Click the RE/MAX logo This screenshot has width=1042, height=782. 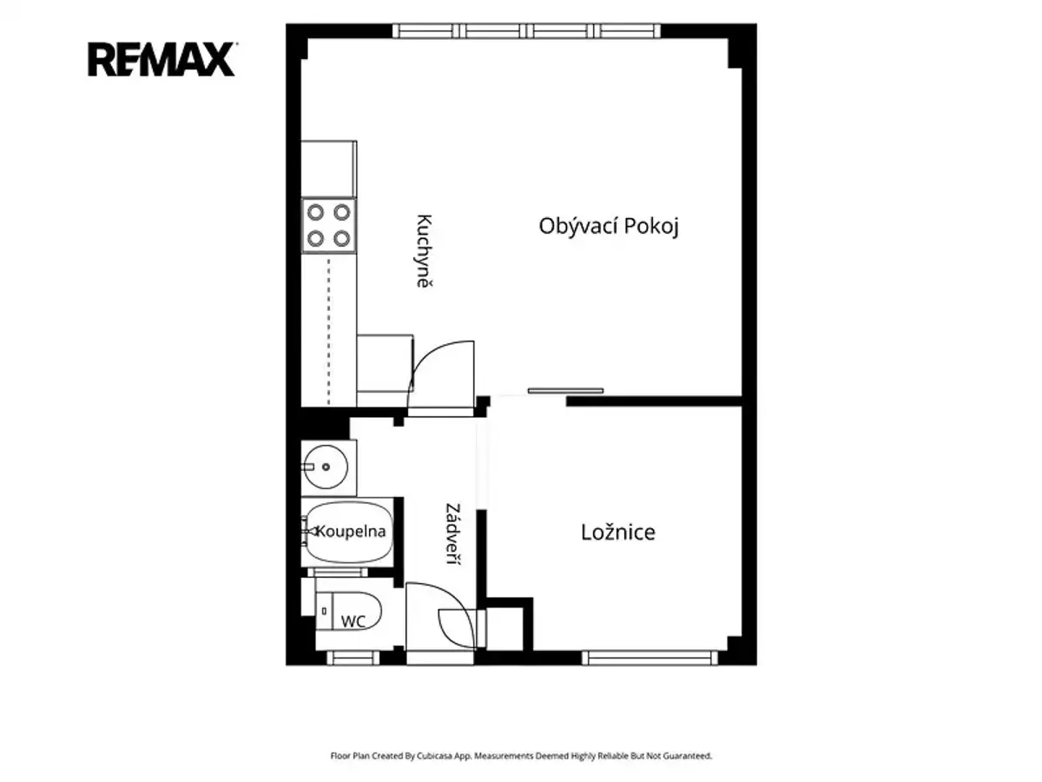click(162, 59)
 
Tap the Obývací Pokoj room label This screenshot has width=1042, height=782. click(608, 226)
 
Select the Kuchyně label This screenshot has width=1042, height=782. click(424, 251)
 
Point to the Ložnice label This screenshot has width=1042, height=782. click(617, 533)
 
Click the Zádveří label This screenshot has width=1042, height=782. click(453, 533)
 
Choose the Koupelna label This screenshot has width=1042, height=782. click(350, 531)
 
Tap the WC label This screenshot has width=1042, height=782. click(353, 621)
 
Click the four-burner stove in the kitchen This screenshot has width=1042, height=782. click(329, 226)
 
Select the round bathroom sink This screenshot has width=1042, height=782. click(326, 467)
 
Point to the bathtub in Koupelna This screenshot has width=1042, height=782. click(349, 533)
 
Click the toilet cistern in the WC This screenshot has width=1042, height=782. click(325, 611)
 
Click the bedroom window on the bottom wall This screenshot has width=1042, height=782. click(650, 658)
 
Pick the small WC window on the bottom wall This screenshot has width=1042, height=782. click(353, 658)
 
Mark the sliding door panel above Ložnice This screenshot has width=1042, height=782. click(565, 391)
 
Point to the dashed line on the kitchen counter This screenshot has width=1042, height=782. click(328, 331)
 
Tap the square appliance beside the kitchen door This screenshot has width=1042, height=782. click(385, 363)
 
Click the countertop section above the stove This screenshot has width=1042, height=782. click(329, 169)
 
